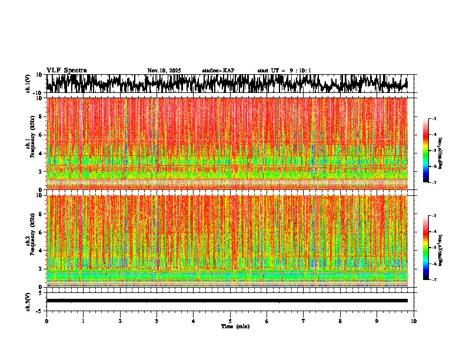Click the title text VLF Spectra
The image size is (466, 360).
click(66, 71)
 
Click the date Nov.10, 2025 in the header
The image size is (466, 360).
click(164, 71)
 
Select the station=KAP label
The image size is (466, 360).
click(218, 71)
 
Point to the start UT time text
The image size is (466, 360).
click(284, 71)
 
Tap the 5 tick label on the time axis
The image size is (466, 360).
click(230, 321)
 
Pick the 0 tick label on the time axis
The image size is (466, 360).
click(46, 321)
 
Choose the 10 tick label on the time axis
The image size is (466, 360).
click(414, 321)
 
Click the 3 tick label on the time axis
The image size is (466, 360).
click(157, 321)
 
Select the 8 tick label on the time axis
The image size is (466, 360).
click(340, 321)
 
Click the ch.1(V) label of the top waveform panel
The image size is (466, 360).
click(28, 84)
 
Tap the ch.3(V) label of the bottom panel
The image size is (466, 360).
click(28, 300)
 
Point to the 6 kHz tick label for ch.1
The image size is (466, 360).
click(40, 135)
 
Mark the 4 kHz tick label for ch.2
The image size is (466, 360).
click(40, 250)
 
